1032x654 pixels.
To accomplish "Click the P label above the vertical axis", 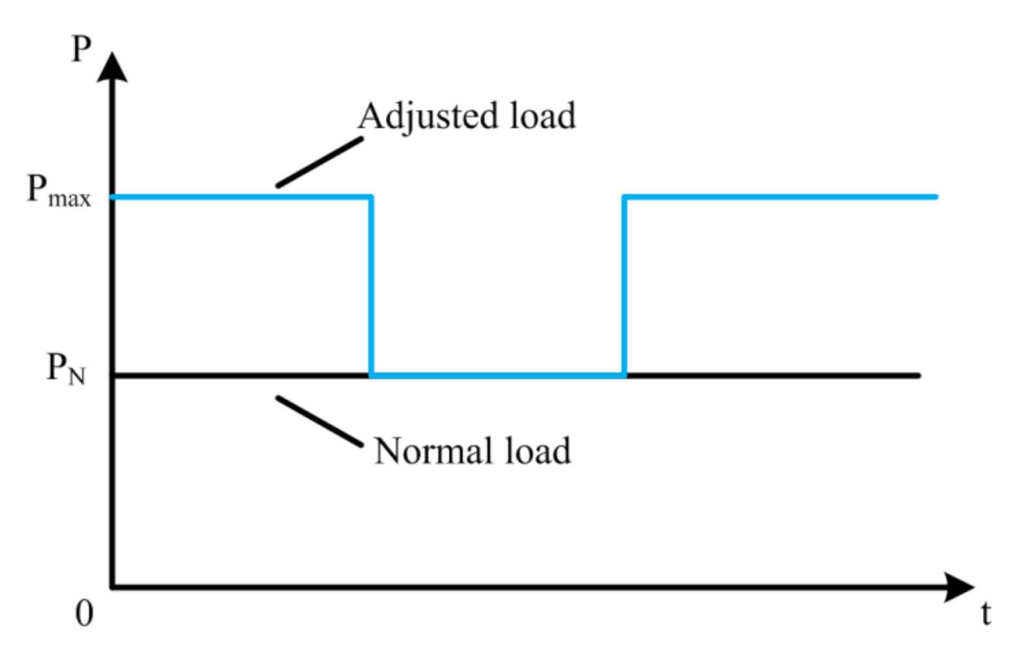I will click(x=81, y=49).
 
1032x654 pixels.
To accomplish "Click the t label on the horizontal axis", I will click(x=986, y=613).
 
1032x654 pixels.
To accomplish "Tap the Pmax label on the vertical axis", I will click(x=59, y=191).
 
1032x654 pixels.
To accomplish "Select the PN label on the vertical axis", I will click(x=66, y=369).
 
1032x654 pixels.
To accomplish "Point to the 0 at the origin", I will click(x=84, y=613).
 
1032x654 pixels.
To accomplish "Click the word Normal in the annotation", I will click(x=432, y=451).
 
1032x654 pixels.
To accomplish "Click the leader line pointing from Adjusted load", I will click(x=319, y=162).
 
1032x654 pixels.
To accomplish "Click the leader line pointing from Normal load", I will click(x=319, y=422).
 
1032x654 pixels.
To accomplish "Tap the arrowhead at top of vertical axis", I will click(x=112, y=68).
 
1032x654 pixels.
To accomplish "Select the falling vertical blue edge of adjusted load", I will click(x=371, y=286).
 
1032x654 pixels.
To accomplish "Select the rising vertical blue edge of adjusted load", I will click(x=624, y=286).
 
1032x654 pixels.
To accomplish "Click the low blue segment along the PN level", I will click(x=497, y=376).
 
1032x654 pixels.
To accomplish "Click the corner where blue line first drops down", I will click(x=371, y=198).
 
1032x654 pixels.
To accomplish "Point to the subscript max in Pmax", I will click(x=69, y=199).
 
